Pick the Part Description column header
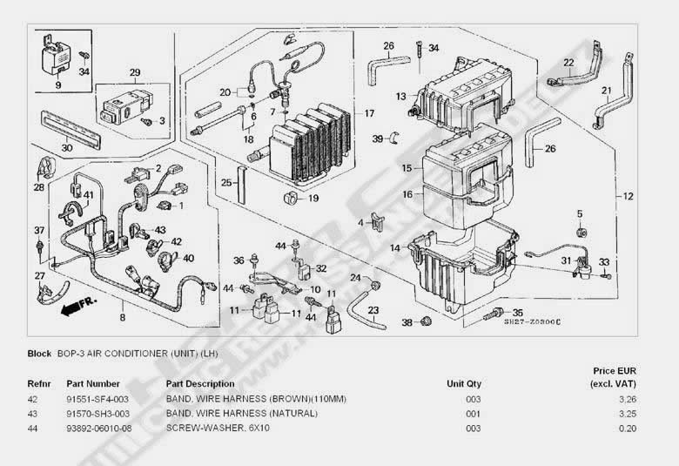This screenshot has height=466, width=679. [x=199, y=383]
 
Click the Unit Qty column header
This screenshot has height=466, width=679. [x=463, y=383]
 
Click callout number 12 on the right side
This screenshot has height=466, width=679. [x=629, y=196]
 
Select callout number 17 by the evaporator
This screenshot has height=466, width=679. [x=369, y=113]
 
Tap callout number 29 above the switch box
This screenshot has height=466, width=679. [x=135, y=72]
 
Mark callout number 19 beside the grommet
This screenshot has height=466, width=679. [x=313, y=199]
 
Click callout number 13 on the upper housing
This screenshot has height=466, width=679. [x=400, y=96]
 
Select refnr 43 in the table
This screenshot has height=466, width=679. [x=33, y=414]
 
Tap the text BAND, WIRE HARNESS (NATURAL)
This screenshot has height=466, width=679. [x=218, y=414]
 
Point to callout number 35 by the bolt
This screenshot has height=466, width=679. [x=518, y=313]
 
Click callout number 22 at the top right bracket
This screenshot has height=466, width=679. [x=568, y=63]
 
